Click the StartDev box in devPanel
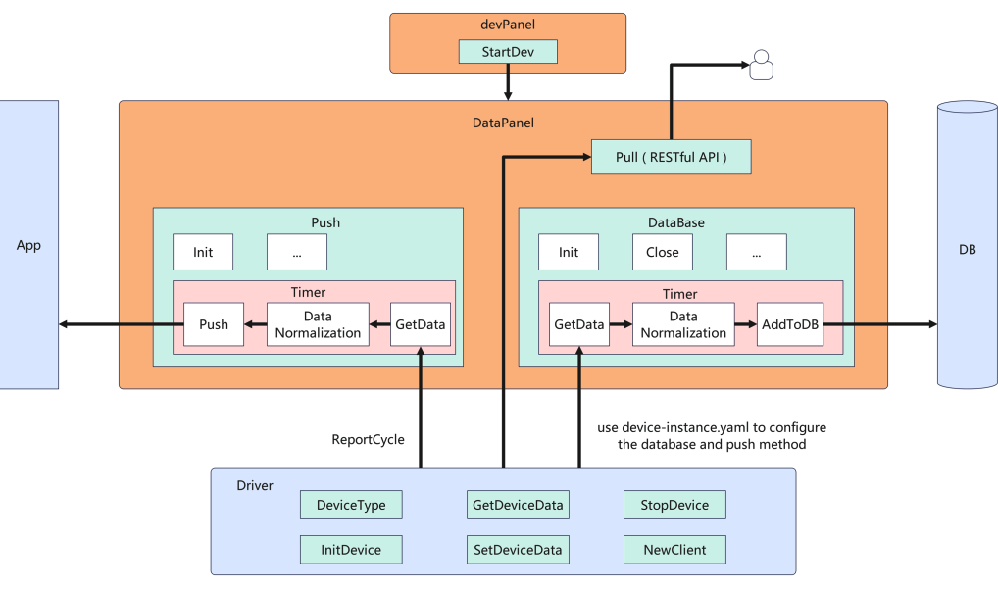point(508,51)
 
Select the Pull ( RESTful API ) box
point(672,157)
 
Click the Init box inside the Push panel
point(203,252)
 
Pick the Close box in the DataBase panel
point(662,252)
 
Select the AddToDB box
point(789,324)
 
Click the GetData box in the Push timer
point(420,324)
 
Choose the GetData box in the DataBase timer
point(577,324)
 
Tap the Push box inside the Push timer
point(214,324)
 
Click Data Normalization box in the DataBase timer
point(682,324)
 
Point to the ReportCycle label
point(368,439)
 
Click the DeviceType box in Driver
point(351,506)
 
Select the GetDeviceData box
point(518,506)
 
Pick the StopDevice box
point(674,506)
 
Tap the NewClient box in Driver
point(674,550)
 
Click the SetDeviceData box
point(518,550)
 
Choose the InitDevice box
point(351,550)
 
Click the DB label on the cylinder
point(967,249)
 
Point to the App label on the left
point(28,245)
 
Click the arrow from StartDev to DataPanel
point(508,82)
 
